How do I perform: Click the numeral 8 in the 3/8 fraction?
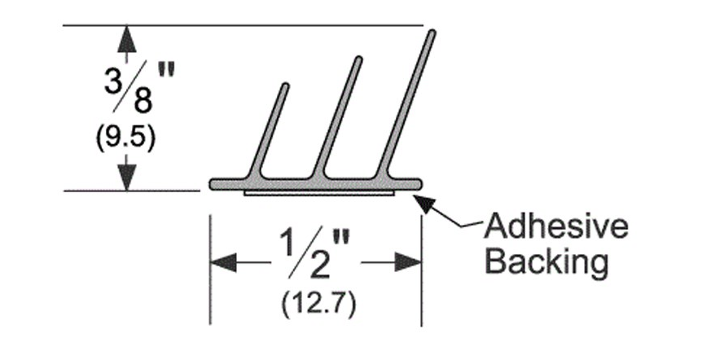[x=143, y=101]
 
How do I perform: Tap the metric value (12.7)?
[x=318, y=304]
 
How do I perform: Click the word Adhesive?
[x=556, y=226]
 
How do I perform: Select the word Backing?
[x=546, y=261]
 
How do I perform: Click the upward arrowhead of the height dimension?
[x=127, y=39]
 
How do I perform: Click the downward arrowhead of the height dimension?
[x=127, y=177]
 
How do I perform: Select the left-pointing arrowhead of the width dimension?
[x=223, y=262]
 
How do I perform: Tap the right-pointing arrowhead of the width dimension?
[x=408, y=262]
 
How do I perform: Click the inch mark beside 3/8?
[x=165, y=71]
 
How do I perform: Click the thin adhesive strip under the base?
[x=319, y=193]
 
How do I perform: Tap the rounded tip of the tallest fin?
[x=432, y=33]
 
